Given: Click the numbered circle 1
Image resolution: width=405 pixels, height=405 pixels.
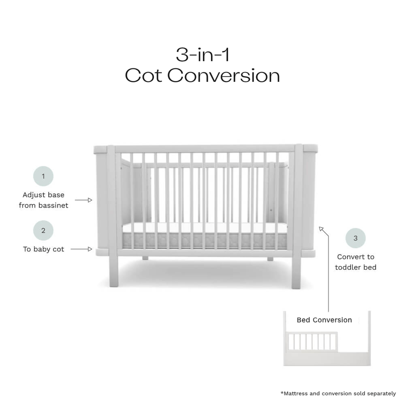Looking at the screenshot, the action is [x=43, y=176].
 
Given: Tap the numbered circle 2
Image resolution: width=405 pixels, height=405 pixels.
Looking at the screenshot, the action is [x=43, y=231].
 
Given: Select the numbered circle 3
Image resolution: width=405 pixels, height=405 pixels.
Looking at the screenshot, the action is [x=355, y=238].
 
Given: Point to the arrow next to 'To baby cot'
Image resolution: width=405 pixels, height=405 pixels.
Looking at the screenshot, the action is [x=81, y=249].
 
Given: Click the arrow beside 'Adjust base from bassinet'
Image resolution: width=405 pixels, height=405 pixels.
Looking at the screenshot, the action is [x=83, y=200].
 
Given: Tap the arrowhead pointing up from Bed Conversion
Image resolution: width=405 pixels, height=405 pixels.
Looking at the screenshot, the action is [x=321, y=229].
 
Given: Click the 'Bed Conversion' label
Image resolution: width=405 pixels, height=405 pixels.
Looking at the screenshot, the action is [x=324, y=320].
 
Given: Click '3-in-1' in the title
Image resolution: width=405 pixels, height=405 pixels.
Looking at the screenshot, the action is [x=203, y=55].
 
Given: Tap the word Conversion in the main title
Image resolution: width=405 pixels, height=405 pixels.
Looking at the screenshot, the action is [x=224, y=75].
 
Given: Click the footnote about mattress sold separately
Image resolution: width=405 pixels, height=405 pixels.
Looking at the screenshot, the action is [x=338, y=394].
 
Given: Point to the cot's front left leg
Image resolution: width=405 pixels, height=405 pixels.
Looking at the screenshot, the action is [x=114, y=271].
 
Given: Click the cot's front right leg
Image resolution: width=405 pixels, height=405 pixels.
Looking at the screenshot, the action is [x=296, y=272].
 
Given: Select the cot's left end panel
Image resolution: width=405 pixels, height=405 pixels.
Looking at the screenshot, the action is [x=102, y=200].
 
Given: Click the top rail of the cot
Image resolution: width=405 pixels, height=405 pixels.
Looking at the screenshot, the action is [x=205, y=148].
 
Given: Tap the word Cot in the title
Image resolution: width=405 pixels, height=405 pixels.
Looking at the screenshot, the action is [x=143, y=75].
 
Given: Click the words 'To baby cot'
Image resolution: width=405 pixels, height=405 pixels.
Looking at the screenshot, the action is [x=44, y=249].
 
